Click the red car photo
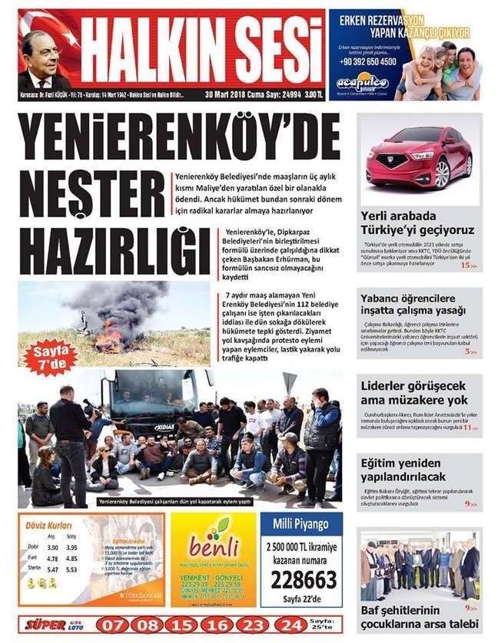coord(419,159)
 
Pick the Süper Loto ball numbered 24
coord(289,625)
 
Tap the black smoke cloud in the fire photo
coord(121,302)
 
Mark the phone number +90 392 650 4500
coord(370,61)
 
